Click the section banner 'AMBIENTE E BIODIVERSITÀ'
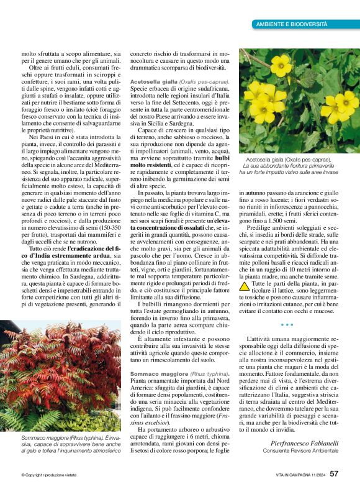coord(291,24)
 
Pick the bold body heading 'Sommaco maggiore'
coord(156,373)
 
